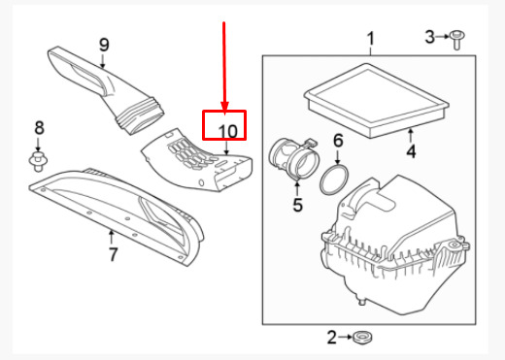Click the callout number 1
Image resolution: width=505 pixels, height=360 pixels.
(x=371, y=39)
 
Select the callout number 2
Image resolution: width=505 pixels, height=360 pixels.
(x=332, y=338)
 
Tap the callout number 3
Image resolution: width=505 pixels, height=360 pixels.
(x=430, y=37)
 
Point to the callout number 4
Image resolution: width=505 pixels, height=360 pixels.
(x=411, y=151)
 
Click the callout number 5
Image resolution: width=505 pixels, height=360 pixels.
(x=297, y=205)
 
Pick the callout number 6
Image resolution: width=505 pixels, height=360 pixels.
(x=338, y=141)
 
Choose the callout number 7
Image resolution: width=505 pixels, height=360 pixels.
(x=113, y=254)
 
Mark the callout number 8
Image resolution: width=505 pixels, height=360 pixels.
(x=39, y=128)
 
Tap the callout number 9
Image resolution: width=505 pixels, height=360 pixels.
(x=104, y=45)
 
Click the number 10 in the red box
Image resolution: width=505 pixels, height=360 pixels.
(x=228, y=131)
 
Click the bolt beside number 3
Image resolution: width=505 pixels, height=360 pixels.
(x=456, y=40)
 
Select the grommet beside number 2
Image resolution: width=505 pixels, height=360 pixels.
(x=361, y=338)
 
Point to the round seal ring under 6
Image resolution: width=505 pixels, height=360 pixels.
(x=335, y=180)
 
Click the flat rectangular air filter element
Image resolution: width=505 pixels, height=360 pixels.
(x=376, y=100)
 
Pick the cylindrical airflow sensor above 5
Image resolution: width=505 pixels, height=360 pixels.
(x=294, y=159)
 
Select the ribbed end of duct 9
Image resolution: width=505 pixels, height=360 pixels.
(x=141, y=115)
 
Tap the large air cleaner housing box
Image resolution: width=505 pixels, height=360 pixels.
(x=395, y=245)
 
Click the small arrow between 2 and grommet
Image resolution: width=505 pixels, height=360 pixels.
(x=345, y=337)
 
